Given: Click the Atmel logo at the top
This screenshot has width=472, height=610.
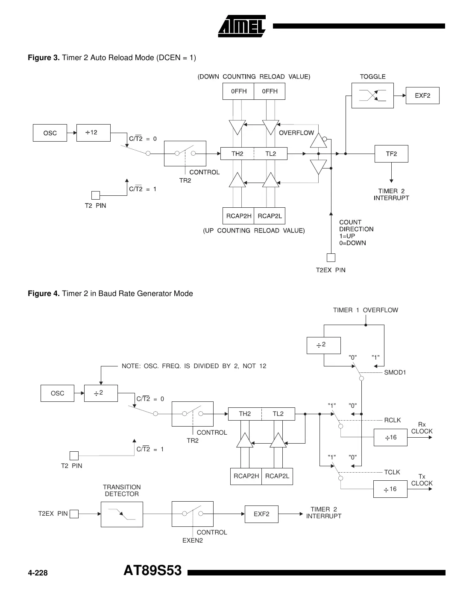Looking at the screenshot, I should pos(242,26).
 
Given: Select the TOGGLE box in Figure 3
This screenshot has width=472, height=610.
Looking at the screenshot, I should pos(372,96).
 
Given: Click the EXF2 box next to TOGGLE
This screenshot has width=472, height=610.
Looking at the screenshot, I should pos(422,96).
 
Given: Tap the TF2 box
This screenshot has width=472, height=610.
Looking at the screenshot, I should pos(391,154).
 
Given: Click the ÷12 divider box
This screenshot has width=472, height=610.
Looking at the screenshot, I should pos(93,133).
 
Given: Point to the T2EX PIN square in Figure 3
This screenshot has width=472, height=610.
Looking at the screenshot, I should pos(331,258).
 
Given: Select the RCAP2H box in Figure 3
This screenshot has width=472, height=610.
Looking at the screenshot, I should pos(238,216).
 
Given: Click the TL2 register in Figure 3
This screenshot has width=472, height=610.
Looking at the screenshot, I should pos(270,154).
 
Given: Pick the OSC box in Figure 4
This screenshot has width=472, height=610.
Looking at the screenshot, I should pos(57,393).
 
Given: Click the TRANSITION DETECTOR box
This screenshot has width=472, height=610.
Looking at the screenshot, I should pos(122,514).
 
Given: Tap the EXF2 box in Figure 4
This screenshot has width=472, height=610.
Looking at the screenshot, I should pos(261,514).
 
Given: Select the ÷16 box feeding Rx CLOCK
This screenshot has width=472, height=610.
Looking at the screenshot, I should pos(390,437).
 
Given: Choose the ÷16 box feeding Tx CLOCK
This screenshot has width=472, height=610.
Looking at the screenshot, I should pos(390,489).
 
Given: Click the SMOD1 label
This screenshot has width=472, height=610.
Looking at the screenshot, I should pos(395,372).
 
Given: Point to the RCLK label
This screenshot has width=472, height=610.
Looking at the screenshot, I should pos(393,420).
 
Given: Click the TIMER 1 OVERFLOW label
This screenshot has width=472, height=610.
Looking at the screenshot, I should pos(365,310).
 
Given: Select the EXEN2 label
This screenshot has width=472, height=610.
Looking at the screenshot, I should pos(193,540).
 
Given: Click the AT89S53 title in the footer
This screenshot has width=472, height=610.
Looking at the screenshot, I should pos(152,570).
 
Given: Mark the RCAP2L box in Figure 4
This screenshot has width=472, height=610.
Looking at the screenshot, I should pos(277,476).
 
